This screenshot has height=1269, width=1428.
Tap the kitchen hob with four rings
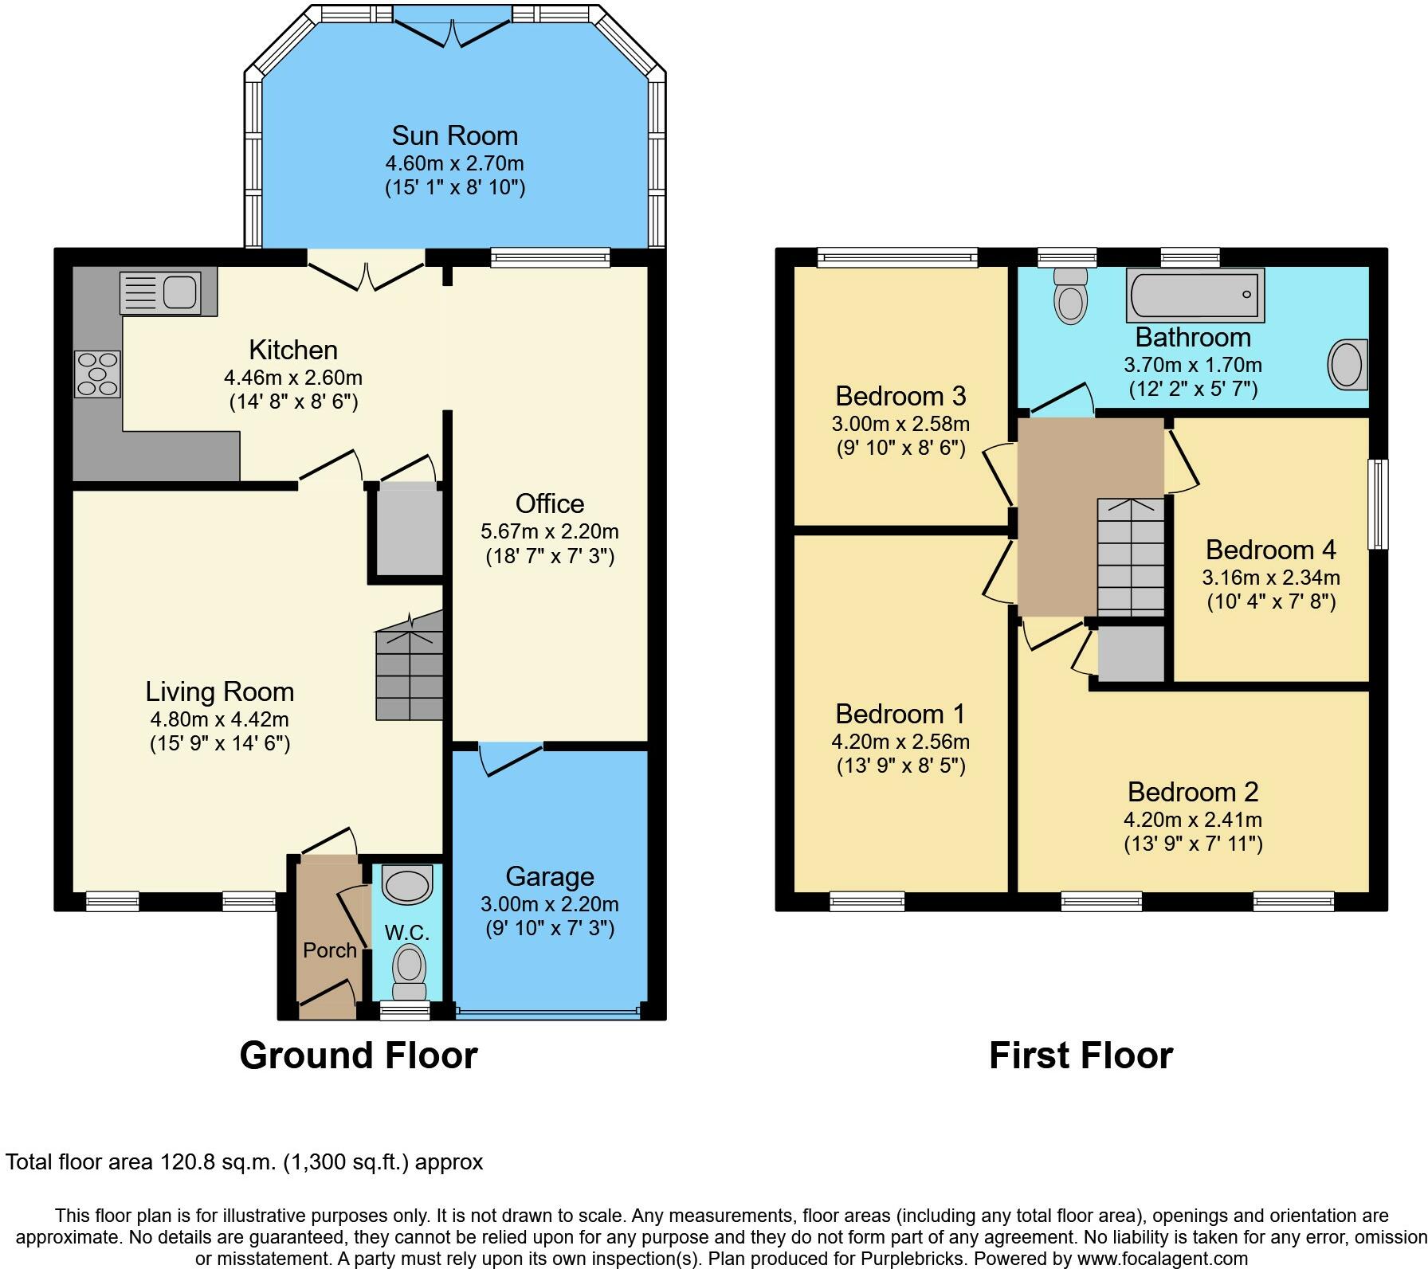pyautogui.click(x=97, y=374)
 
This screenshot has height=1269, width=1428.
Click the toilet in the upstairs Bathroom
pyautogui.click(x=1069, y=295)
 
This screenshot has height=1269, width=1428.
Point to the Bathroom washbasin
pyautogui.click(x=1348, y=365)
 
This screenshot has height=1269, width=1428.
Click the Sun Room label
pyautogui.click(x=455, y=135)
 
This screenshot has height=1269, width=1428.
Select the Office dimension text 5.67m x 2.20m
pyautogui.click(x=550, y=531)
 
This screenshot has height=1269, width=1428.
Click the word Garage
pyautogui.click(x=550, y=876)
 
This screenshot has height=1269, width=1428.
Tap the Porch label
pyautogui.click(x=330, y=950)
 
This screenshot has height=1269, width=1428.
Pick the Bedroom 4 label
pyautogui.click(x=1271, y=550)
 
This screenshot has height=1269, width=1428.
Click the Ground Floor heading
pyautogui.click(x=359, y=1055)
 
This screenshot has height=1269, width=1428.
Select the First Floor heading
pyautogui.click(x=1081, y=1055)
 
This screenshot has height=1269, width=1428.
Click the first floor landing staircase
pyautogui.click(x=1132, y=558)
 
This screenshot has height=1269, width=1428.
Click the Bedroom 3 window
pyautogui.click(x=897, y=257)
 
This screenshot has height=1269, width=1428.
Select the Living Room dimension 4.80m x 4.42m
pyautogui.click(x=220, y=719)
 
